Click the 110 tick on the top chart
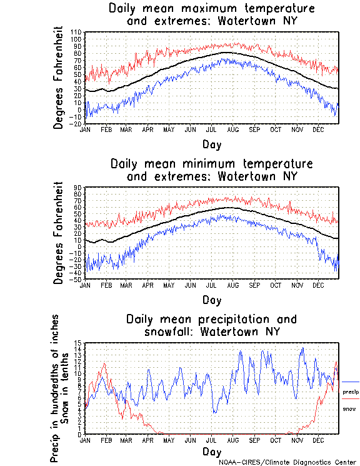click(77, 32)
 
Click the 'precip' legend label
click(351, 392)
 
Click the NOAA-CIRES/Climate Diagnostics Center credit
click(287, 462)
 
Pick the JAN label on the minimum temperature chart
click(86, 285)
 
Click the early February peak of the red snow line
click(104, 363)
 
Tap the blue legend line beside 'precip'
click(351, 382)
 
